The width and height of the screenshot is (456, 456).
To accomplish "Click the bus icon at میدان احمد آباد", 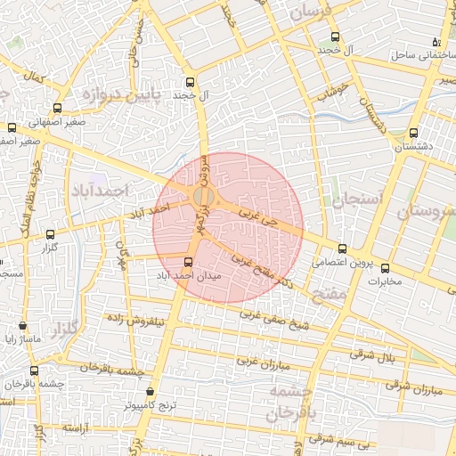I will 187,262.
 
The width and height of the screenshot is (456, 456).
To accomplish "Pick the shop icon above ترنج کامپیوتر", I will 149,392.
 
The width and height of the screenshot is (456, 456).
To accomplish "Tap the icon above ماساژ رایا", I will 34,326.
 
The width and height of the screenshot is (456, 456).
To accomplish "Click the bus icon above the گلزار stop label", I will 50,234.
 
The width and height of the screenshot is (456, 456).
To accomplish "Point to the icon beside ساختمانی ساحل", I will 436,42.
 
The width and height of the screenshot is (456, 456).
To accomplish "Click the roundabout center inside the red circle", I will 204,195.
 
